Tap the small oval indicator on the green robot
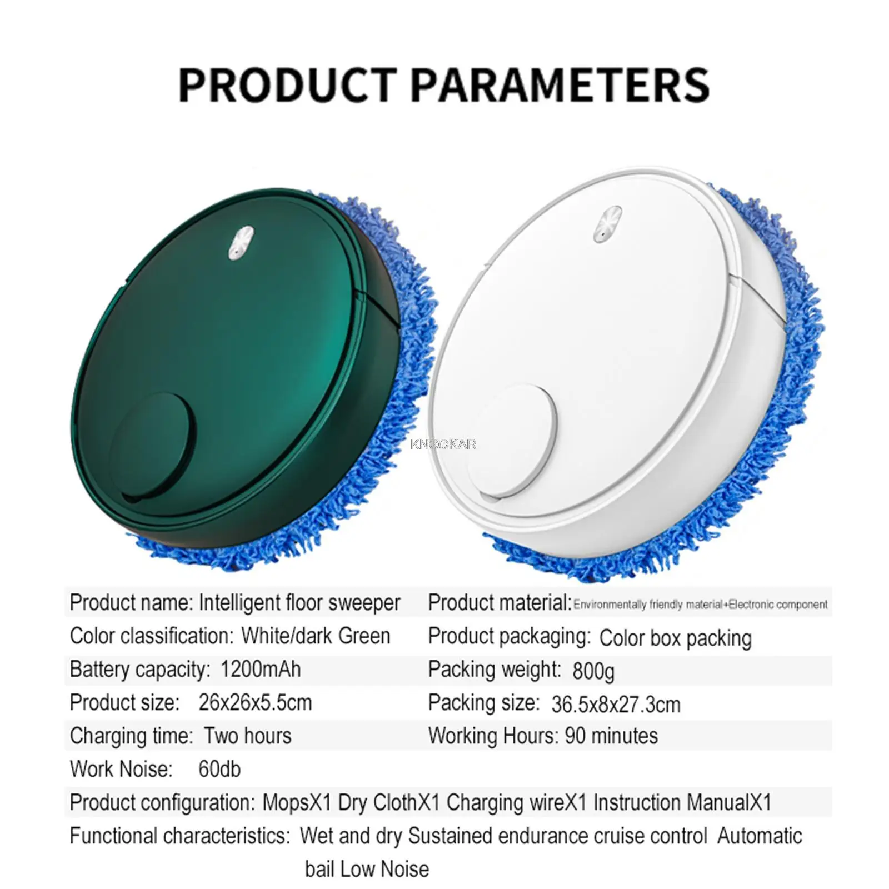[x=241, y=243]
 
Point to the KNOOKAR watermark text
[x=443, y=444]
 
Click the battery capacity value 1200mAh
[x=261, y=669]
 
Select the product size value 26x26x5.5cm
[x=255, y=703]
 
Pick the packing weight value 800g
[x=593, y=671]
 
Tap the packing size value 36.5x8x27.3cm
[x=616, y=705]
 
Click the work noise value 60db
[x=219, y=770]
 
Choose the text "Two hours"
[x=247, y=736]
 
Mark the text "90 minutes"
[x=611, y=736]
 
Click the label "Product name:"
[x=131, y=603]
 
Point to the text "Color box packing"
[x=675, y=638]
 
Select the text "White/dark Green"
[x=316, y=636]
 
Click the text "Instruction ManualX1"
[x=682, y=803]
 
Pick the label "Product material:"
[x=500, y=603]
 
